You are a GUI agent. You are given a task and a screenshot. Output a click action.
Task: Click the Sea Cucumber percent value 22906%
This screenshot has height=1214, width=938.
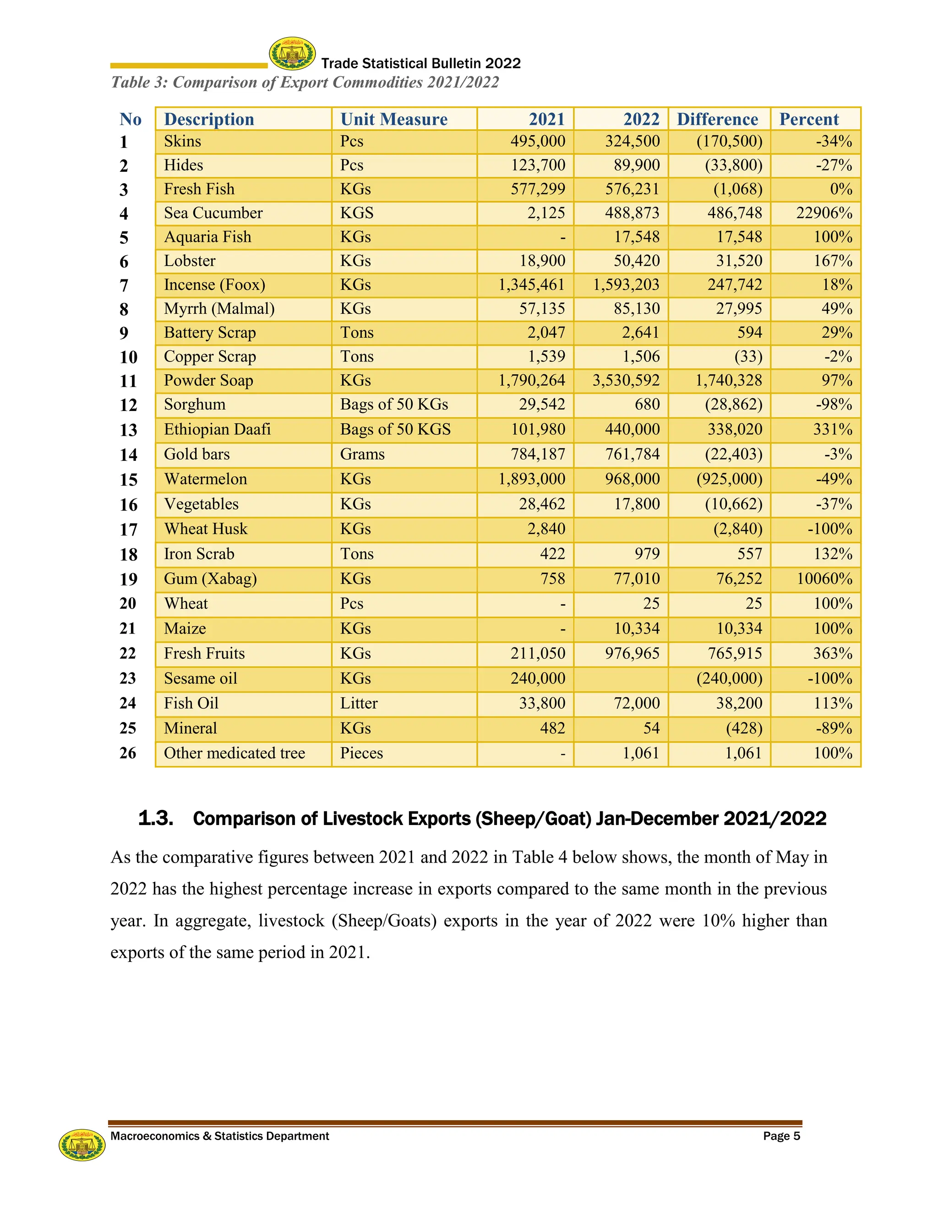pyautogui.click(x=823, y=213)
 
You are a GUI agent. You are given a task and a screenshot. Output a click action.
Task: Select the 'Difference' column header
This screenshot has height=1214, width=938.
pyautogui.click(x=717, y=119)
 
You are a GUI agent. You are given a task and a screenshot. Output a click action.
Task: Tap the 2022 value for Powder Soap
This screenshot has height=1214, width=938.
pyautogui.click(x=626, y=380)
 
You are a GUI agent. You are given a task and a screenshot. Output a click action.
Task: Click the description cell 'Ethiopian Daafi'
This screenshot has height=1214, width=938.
pyautogui.click(x=217, y=429)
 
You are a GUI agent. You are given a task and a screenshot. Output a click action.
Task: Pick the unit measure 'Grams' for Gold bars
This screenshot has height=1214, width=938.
pyautogui.click(x=362, y=454)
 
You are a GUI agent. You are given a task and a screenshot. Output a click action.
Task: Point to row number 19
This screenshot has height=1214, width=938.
pyautogui.click(x=128, y=579)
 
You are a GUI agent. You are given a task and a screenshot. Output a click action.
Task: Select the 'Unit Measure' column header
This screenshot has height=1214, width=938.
pyautogui.click(x=393, y=119)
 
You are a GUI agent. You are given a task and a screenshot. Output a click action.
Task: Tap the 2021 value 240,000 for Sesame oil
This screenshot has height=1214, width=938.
pyautogui.click(x=537, y=678)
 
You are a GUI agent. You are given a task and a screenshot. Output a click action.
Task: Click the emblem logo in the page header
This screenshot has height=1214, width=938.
pyautogui.click(x=292, y=54)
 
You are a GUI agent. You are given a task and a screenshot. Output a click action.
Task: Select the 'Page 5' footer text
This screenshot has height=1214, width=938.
pyautogui.click(x=781, y=1136)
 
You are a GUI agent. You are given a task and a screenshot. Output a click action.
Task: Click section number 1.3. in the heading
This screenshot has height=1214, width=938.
pyautogui.click(x=156, y=818)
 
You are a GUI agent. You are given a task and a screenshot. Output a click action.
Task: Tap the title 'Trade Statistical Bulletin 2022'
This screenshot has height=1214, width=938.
pyautogui.click(x=420, y=63)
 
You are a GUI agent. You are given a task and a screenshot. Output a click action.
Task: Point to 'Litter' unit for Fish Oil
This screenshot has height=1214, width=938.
pyautogui.click(x=359, y=703)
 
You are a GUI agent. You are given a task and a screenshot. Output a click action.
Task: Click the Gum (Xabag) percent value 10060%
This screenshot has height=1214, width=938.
pyautogui.click(x=824, y=579)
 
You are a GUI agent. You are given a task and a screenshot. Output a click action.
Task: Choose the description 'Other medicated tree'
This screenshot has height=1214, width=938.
pyautogui.click(x=234, y=753)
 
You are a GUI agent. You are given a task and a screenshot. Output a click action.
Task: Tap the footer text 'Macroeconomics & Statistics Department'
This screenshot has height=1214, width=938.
pyautogui.click(x=219, y=1136)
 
